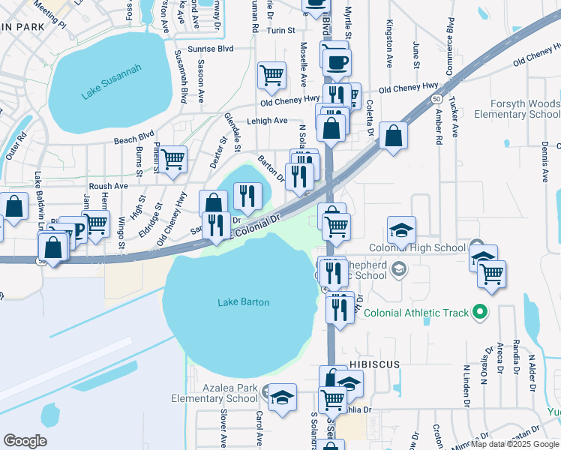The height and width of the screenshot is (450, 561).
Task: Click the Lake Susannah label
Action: (112, 82)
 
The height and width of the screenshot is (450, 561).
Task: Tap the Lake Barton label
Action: (243, 302)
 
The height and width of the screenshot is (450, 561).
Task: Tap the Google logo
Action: (25, 441)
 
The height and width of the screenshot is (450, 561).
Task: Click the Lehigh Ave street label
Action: (268, 121)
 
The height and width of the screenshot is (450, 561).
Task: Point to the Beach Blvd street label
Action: (136, 140)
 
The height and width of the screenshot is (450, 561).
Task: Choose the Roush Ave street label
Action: (108, 186)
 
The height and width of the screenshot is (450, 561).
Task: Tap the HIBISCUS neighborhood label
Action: (374, 363)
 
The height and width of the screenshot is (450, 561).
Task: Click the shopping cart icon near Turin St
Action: (271, 74)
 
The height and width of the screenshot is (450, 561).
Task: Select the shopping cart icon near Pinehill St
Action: (172, 158)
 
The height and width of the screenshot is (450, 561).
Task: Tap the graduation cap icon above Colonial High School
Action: (401, 229)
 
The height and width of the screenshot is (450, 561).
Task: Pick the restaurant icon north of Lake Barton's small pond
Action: (247, 196)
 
